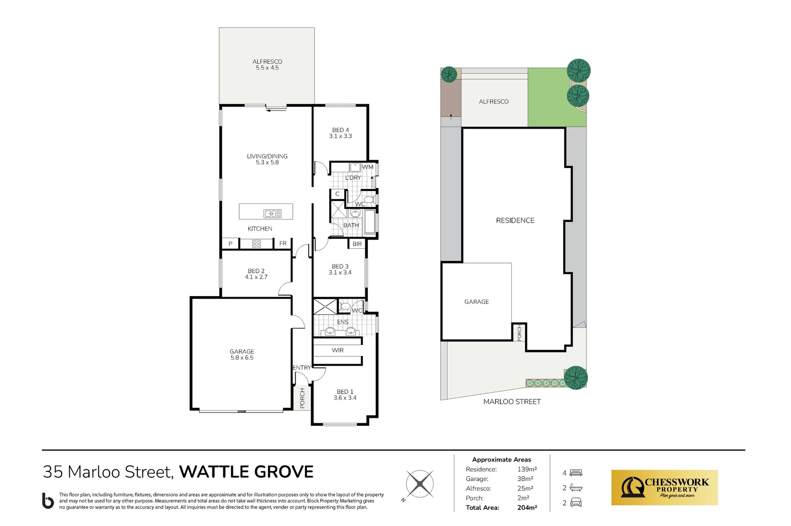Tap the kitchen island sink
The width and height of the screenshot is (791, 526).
272,213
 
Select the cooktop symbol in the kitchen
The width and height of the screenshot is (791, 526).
256,244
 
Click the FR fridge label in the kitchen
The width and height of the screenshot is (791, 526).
283,243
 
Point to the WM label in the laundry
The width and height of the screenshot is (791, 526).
368,167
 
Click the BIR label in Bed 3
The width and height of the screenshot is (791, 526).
357,244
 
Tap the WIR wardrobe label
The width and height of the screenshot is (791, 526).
338,350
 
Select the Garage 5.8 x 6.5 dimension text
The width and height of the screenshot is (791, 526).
242,357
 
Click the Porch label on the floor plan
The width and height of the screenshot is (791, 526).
302,398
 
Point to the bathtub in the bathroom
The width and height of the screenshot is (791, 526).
369,222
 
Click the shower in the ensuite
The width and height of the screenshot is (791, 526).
325,306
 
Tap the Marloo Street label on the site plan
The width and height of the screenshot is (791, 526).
512,402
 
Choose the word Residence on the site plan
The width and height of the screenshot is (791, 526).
515,220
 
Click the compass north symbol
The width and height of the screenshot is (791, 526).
419,484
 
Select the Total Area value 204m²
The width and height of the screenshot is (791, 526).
527,507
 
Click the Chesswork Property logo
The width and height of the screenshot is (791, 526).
664,488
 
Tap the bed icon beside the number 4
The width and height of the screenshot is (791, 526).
576,473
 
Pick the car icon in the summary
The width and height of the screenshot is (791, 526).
576,502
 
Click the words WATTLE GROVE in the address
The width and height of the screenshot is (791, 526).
246,471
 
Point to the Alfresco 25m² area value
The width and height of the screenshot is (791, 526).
525,488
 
